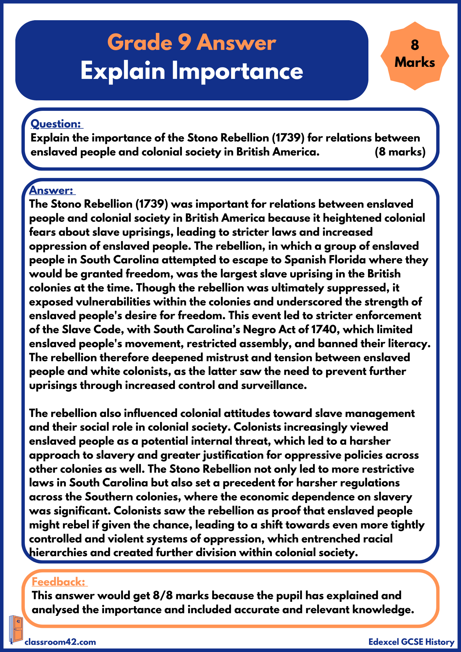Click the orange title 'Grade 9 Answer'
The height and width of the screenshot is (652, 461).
[192, 42]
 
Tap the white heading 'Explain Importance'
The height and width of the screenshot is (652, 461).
[192, 71]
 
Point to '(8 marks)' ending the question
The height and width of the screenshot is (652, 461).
[400, 152]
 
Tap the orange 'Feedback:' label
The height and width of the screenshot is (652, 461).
[58, 582]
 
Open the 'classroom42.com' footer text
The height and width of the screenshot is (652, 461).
[60, 642]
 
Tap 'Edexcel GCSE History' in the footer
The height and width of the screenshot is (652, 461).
[411, 642]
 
